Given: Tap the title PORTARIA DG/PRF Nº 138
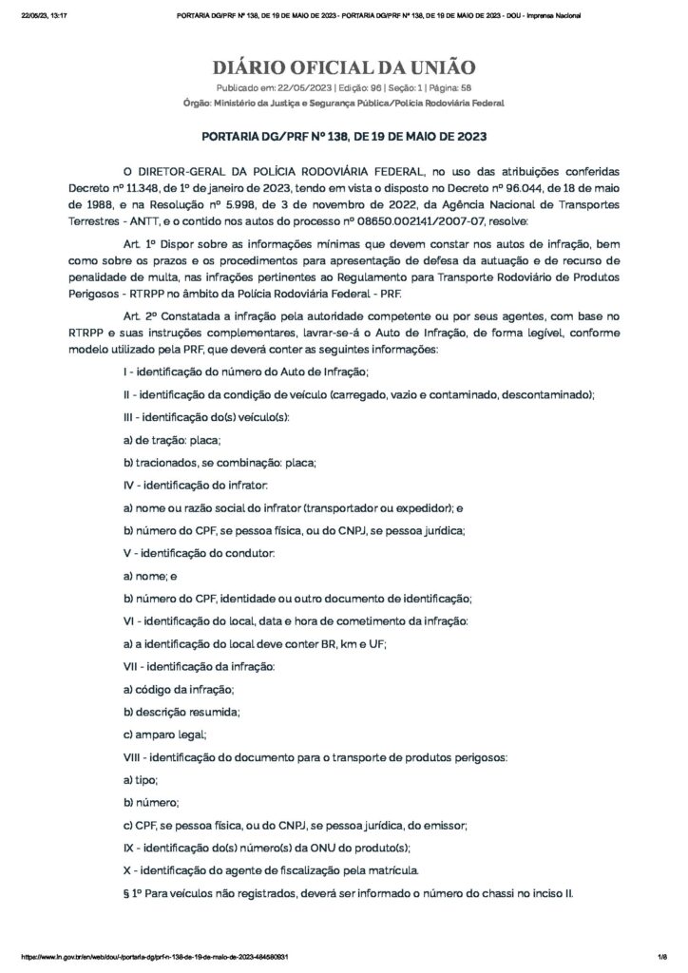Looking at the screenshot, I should pos(343,137).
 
